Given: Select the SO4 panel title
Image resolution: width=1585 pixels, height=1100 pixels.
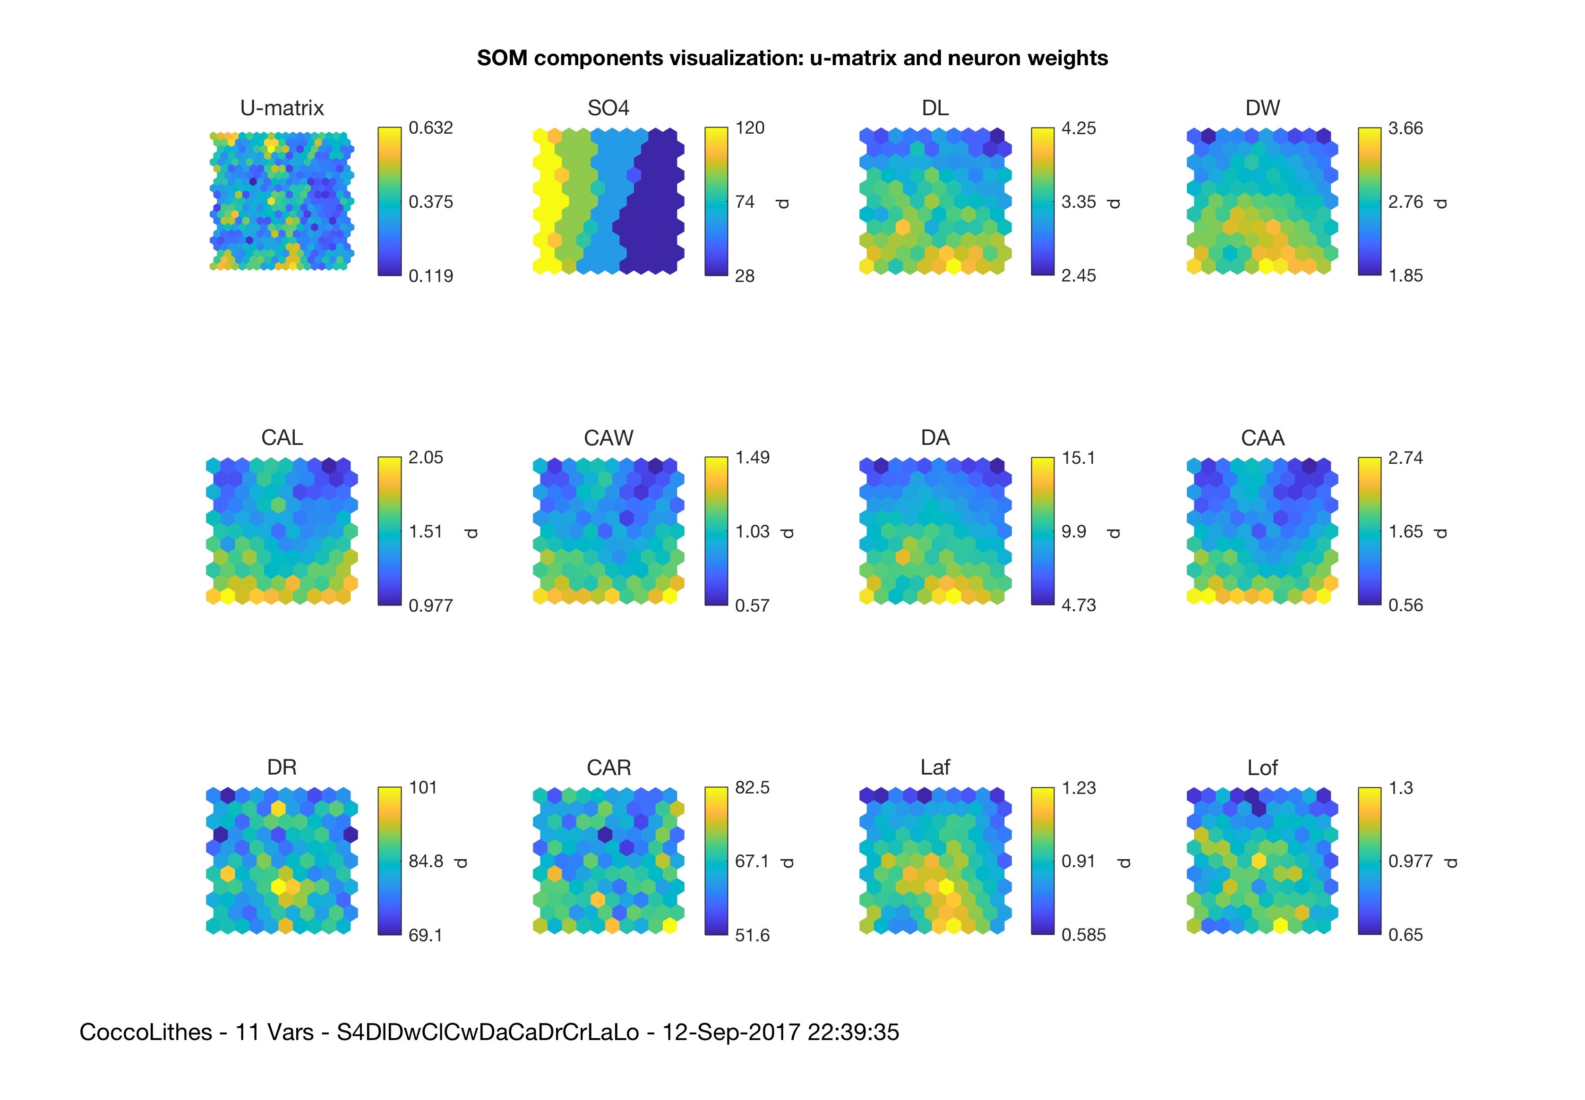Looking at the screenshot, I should click(608, 108).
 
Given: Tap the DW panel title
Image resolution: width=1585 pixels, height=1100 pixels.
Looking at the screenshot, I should click(1262, 108).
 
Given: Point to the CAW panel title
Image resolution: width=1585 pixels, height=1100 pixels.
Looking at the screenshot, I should click(608, 438).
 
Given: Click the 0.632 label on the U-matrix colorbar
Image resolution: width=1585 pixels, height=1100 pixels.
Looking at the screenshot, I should click(430, 128).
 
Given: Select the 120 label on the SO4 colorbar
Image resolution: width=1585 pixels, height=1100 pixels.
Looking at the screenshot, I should click(749, 128).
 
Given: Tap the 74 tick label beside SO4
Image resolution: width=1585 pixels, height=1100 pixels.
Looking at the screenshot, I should click(745, 202).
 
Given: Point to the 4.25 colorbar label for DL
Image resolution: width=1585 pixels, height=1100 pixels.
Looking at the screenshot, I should click(1078, 128).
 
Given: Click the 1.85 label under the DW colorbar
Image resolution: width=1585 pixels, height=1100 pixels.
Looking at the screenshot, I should click(1405, 276).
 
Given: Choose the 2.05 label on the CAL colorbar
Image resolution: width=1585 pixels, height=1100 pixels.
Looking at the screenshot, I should click(425, 458).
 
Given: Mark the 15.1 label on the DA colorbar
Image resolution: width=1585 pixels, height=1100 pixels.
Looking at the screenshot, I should click(1078, 458).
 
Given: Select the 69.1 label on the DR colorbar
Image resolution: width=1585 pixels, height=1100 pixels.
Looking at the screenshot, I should click(425, 935).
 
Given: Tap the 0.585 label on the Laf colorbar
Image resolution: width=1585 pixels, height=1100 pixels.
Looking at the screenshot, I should click(1083, 935).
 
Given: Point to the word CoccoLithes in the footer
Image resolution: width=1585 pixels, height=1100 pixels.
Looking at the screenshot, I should click(146, 1032).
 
